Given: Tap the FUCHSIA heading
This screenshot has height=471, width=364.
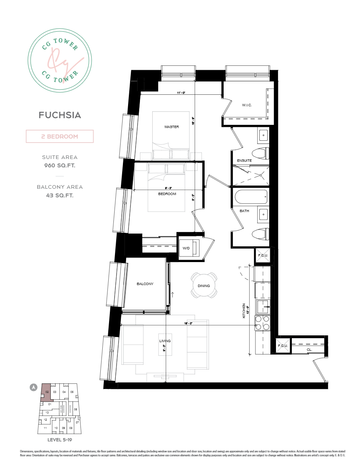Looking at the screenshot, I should pyautogui.click(x=60, y=115).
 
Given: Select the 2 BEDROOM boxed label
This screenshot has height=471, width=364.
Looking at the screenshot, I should pyautogui.click(x=60, y=136).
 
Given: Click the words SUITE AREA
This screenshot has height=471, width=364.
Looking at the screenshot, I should pyautogui.click(x=60, y=157).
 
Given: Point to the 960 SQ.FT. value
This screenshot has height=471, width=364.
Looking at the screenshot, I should pyautogui.click(x=60, y=166).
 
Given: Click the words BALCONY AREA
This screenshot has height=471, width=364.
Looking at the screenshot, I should pyautogui.click(x=60, y=187).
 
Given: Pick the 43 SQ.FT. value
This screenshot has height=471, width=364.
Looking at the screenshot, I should pyautogui.click(x=60, y=195).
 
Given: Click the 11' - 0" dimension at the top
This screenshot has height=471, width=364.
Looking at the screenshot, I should pyautogui.click(x=181, y=93).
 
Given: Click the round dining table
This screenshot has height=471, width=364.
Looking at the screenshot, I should pyautogui.click(x=204, y=285).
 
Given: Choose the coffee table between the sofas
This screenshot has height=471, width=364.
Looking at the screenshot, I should pyautogui.click(x=165, y=345).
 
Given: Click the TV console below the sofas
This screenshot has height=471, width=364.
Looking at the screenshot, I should pyautogui.click(x=165, y=377).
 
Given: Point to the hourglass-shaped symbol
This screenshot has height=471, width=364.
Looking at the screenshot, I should pyautogui.click(x=283, y=345).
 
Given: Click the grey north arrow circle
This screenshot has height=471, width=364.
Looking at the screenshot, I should pyautogui.click(x=34, y=387).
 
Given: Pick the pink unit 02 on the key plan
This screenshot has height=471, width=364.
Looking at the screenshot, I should pyautogui.click(x=47, y=392).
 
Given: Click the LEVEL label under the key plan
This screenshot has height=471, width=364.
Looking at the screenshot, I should pyautogui.click(x=60, y=440).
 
